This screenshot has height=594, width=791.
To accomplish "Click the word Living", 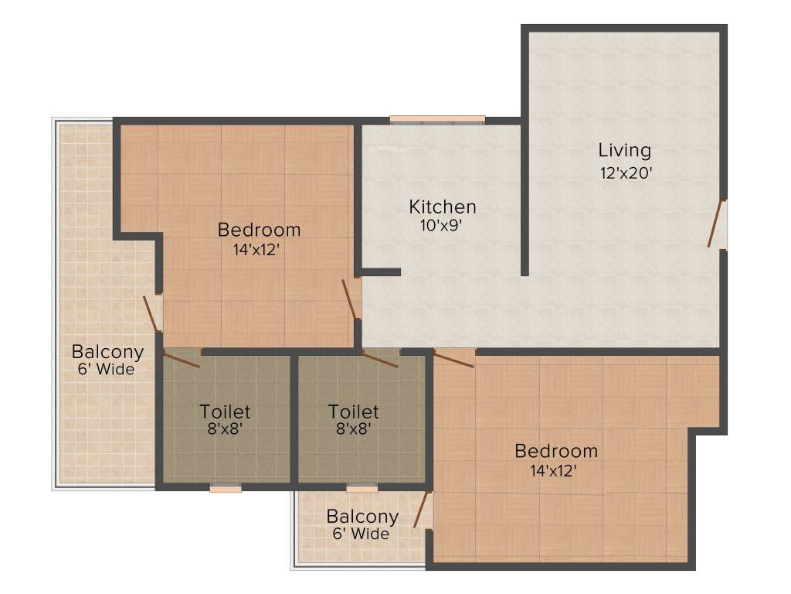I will (625, 150).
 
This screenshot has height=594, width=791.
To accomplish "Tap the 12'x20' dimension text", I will (626, 173).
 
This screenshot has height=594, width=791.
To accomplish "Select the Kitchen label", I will (442, 207).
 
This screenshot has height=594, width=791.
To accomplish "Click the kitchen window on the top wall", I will (437, 120).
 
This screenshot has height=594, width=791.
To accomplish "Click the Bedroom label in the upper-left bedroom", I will (259, 230).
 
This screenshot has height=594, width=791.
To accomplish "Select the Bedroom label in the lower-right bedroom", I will (556, 451).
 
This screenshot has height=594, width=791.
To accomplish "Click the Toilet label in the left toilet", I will (225, 411).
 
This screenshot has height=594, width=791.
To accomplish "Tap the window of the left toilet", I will (226, 488).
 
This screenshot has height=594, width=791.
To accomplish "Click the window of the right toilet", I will (362, 488).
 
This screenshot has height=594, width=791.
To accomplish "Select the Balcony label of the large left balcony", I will (107, 352).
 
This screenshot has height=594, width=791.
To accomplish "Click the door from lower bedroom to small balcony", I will (423, 509).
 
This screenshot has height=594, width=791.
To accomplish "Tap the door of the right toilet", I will (380, 359).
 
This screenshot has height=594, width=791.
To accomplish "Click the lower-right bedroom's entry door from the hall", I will (454, 358).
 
